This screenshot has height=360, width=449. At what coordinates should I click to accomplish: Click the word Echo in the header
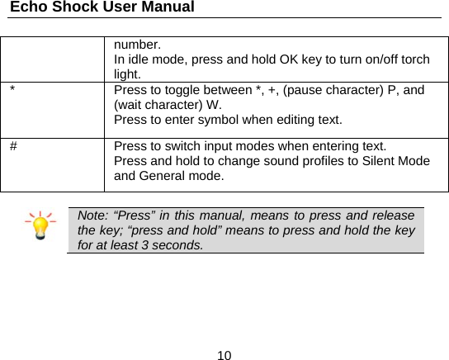point(27,7)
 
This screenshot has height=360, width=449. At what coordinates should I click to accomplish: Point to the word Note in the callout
point(91,216)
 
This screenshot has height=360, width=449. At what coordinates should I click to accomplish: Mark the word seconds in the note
point(177,246)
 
